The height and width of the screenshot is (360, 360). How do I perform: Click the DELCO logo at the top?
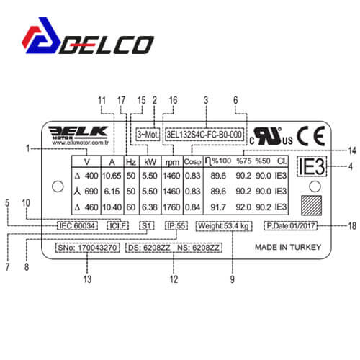pyautogui.click(x=88, y=36)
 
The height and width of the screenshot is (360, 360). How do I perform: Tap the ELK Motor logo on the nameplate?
pyautogui.click(x=78, y=135)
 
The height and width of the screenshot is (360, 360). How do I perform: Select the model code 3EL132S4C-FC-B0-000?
pyautogui.click(x=204, y=135)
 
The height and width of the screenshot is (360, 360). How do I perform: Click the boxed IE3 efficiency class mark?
pyautogui.click(x=312, y=166)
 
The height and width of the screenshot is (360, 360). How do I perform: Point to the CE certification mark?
pyautogui.click(x=311, y=136)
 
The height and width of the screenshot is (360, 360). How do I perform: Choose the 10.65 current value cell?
pyautogui.click(x=112, y=176)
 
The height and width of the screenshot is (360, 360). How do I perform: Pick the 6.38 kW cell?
pyautogui.click(x=150, y=207)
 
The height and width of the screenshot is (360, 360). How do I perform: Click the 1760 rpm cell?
pyautogui.click(x=171, y=207)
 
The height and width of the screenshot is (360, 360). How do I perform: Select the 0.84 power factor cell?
pyautogui.click(x=193, y=207)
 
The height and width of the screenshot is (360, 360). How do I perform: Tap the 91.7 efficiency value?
pyautogui.click(x=218, y=207)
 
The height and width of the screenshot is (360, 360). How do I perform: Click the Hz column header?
pyautogui.click(x=131, y=162)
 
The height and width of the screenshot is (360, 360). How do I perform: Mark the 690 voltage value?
pyautogui.click(x=91, y=192)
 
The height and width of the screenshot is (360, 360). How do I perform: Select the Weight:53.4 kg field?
pyautogui.click(x=224, y=226)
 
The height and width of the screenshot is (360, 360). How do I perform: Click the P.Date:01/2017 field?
pyautogui.click(x=290, y=226)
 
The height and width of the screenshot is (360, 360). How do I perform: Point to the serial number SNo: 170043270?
pyautogui.click(x=88, y=248)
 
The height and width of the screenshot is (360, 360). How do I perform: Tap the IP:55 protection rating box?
pyautogui.click(x=176, y=226)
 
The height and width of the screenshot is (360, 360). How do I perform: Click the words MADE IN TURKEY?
pyautogui.click(x=288, y=247)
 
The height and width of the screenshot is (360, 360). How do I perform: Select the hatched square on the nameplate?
pyautogui.click(x=311, y=206)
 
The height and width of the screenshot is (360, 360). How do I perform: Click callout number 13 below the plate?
pyautogui.click(x=87, y=279)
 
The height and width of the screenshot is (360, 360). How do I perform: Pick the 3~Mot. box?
pyautogui.click(x=148, y=135)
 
